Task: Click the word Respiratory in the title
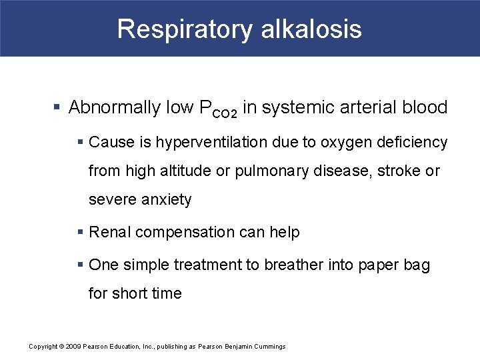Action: tap(185, 29)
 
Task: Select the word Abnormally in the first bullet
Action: tap(115, 107)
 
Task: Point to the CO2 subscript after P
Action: tap(225, 114)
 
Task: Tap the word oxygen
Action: tap(345, 142)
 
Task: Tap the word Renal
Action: tap(107, 232)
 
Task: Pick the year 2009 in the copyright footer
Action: tap(73, 347)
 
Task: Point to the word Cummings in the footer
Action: tap(269, 347)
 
